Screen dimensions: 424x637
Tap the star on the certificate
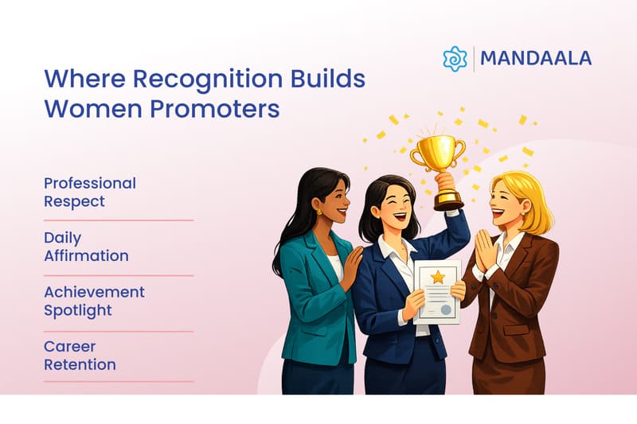[437, 277]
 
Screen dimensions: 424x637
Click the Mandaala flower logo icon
[455, 59]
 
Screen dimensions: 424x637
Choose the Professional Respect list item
[89, 192]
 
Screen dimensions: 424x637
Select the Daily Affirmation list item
[86, 247]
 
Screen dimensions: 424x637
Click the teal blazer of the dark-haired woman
[311, 302]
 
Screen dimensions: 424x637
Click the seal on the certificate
[447, 309]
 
